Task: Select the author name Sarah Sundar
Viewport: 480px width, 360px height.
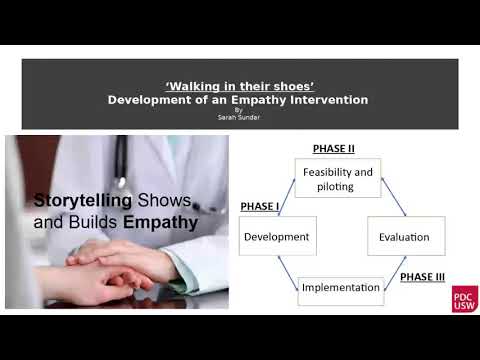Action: click(238, 117)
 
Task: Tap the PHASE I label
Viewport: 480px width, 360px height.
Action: click(260, 206)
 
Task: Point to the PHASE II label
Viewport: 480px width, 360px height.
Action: click(333, 148)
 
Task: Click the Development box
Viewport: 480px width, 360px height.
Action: click(277, 237)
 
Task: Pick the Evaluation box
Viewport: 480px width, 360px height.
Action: click(404, 237)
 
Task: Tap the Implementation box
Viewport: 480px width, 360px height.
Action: click(340, 288)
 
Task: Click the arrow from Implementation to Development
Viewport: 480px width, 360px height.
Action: click(287, 272)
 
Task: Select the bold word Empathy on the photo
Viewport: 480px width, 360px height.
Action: click(160, 222)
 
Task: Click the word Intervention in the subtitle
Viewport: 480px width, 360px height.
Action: click(331, 100)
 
